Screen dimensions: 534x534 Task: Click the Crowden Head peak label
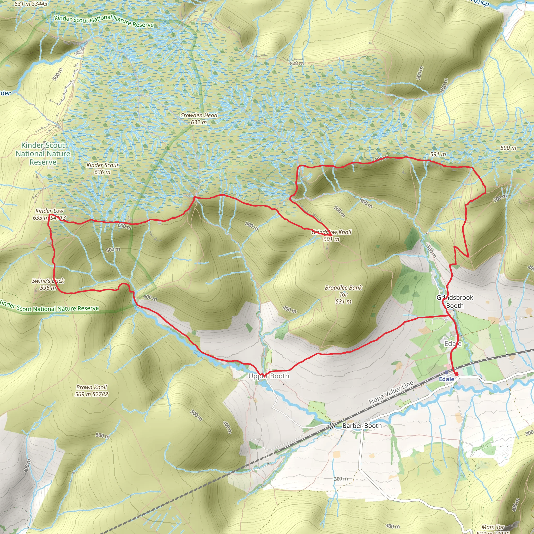click(199, 119)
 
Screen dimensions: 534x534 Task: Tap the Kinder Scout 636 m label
click(102, 168)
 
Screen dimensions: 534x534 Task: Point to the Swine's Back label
click(48, 284)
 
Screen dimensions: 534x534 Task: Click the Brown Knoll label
click(92, 391)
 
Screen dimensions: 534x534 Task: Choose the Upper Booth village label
click(269, 376)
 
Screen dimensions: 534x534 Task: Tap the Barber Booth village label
click(362, 426)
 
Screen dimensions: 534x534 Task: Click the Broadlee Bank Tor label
click(343, 294)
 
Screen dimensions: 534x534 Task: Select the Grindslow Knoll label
click(331, 235)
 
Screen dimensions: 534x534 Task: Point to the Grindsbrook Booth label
click(455, 301)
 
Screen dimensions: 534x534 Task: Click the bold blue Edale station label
click(446, 379)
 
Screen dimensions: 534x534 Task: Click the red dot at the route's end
click(456, 374)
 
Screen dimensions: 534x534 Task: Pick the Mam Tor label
click(493, 527)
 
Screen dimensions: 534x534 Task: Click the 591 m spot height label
click(438, 154)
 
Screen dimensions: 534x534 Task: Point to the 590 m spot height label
click(508, 148)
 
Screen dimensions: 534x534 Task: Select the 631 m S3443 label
click(31, 4)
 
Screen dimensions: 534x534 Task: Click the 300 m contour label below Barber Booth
click(341, 479)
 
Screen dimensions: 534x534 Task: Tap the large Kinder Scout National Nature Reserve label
click(43, 153)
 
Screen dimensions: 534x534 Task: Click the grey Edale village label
click(453, 344)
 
